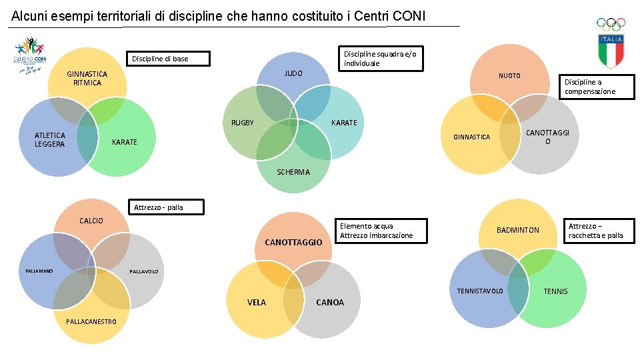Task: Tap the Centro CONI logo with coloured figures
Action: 29,56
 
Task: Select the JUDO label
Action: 293,73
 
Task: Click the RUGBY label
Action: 243,123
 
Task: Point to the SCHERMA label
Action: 293,172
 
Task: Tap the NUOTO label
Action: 509,76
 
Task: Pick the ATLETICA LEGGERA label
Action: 50,140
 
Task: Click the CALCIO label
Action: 91,221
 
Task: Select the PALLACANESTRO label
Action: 91,321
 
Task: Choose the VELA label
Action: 257,303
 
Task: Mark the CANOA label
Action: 330,303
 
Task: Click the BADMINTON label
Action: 518,230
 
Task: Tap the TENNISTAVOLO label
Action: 480,291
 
